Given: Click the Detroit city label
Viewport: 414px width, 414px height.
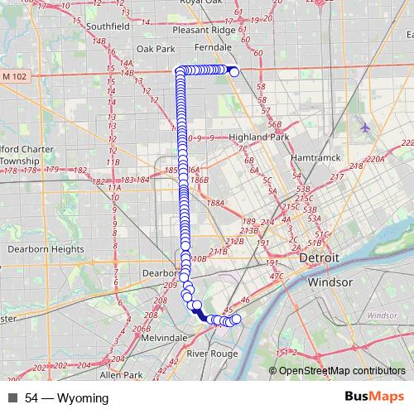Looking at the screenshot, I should [320, 258].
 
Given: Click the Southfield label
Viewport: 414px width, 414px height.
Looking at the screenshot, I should [108, 26].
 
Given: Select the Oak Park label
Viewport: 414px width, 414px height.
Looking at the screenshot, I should [156, 49].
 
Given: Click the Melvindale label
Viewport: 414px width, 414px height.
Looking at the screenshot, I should [164, 339].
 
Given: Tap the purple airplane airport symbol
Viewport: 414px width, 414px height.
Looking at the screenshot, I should [365, 127].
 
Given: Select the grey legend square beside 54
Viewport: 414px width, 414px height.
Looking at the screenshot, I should [12, 398].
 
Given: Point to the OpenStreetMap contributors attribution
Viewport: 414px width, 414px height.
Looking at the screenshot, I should [342, 370].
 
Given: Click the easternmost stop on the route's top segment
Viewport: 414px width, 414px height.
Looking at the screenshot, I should [234, 72].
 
